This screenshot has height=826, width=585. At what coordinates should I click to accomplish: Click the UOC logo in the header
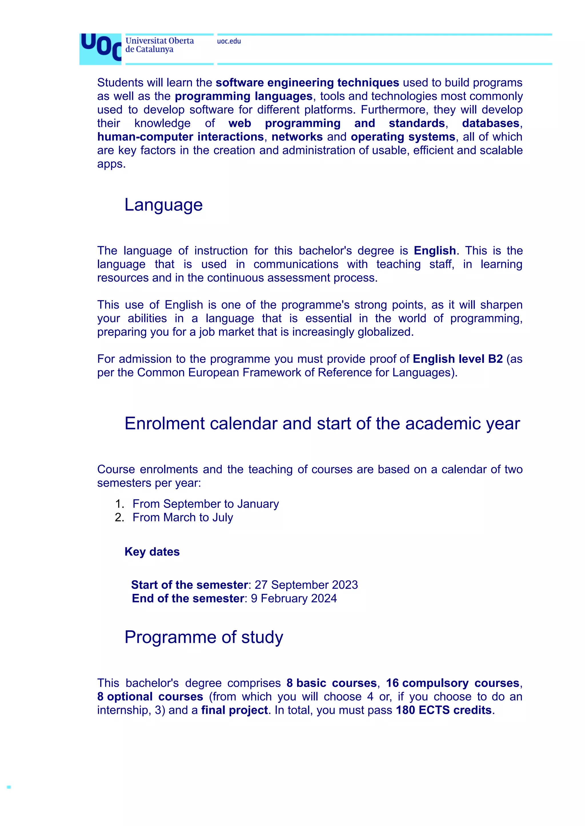tap(101, 49)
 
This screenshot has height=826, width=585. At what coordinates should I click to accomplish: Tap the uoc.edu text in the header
tap(229, 41)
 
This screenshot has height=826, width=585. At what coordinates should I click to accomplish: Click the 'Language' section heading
tap(164, 205)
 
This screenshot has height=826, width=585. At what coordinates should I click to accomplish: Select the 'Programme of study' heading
tap(204, 637)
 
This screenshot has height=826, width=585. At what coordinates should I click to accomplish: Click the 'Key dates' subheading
tap(152, 552)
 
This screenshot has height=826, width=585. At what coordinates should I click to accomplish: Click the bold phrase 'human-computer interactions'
tap(181, 137)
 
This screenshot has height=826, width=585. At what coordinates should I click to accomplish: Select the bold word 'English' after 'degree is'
tap(435, 251)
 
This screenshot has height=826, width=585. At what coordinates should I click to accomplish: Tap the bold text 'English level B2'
tap(458, 359)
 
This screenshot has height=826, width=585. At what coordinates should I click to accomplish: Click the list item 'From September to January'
tap(206, 504)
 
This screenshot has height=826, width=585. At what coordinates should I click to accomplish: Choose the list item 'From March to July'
tap(183, 517)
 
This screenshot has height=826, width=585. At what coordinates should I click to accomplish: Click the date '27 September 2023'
tap(306, 585)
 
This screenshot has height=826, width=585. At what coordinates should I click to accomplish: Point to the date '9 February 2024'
tap(294, 598)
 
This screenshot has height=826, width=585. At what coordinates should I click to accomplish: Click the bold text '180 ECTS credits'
tap(444, 710)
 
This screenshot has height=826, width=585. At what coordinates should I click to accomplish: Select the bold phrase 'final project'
tap(235, 710)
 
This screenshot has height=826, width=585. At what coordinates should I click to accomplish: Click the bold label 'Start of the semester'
tap(189, 585)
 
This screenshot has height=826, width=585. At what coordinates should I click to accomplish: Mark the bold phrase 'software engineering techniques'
tap(307, 83)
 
